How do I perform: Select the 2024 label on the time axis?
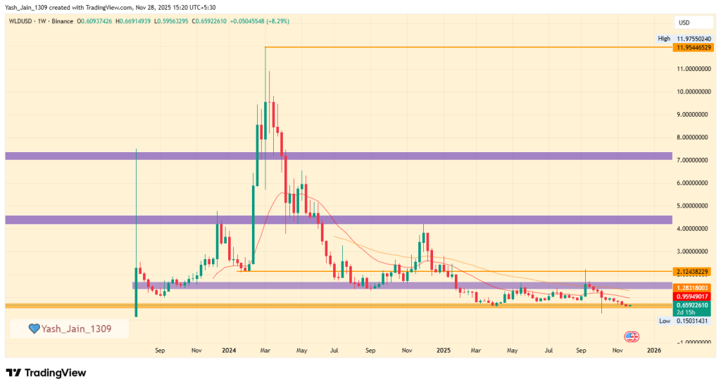(227, 349)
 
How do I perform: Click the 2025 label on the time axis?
(443, 349)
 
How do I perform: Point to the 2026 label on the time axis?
(654, 349)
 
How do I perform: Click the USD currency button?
(682, 23)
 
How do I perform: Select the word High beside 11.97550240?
(664, 39)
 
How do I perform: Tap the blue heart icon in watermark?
(33, 328)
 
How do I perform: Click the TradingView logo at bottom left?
(46, 372)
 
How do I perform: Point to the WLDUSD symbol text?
(20, 21)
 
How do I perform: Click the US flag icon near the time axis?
(631, 337)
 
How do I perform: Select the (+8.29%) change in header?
(278, 21)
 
